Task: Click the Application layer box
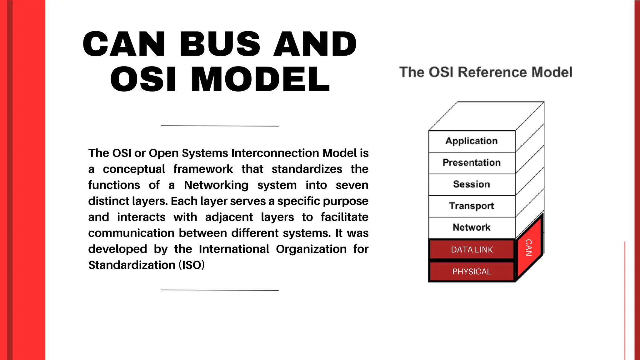tap(472, 141)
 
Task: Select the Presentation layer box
tap(472, 163)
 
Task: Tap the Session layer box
tap(472, 184)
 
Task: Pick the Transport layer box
tap(472, 206)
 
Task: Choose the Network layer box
tap(472, 227)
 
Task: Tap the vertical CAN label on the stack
tap(528, 247)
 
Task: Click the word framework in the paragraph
tap(203, 169)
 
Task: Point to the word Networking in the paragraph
tap(216, 185)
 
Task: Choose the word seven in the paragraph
tap(352, 185)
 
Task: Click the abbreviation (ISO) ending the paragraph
tap(192, 265)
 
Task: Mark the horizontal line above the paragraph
tap(219, 126)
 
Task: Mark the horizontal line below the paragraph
tap(219, 290)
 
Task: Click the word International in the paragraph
tap(234, 249)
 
